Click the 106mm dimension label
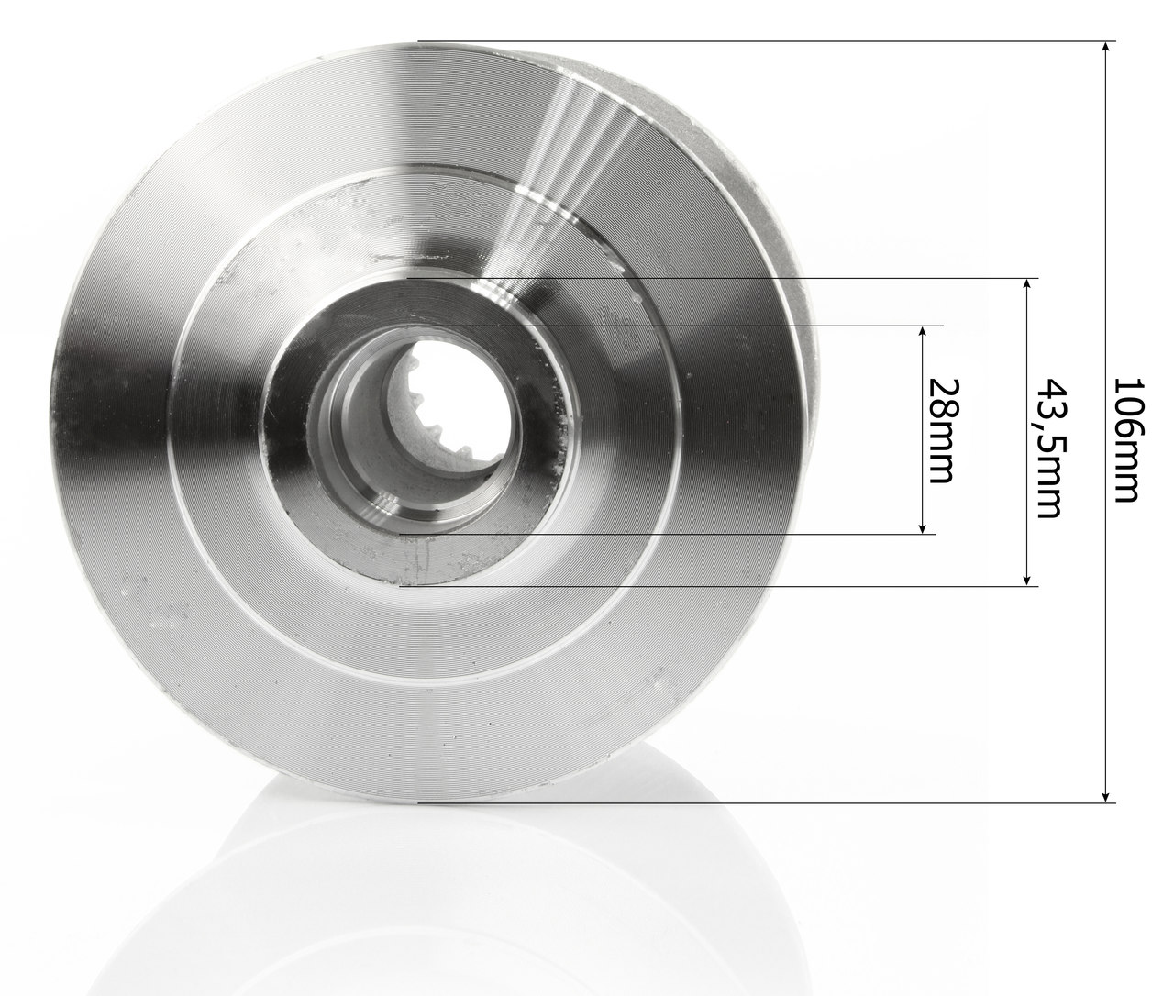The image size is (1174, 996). tap(1126, 440)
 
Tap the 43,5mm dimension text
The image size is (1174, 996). tap(1048, 448)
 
